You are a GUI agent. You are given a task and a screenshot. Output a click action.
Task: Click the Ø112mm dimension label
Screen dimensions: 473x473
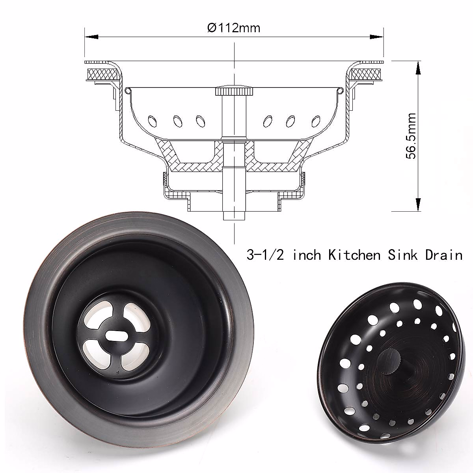point(234,28)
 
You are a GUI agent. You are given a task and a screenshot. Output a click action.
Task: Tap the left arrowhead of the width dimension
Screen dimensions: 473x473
point(91,37)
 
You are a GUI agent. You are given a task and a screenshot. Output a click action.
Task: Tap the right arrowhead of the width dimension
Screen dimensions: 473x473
point(377,37)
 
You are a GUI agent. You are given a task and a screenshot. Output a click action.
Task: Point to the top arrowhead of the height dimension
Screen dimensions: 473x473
point(418,68)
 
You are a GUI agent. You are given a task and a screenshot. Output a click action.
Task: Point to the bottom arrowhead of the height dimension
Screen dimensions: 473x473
point(418,204)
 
